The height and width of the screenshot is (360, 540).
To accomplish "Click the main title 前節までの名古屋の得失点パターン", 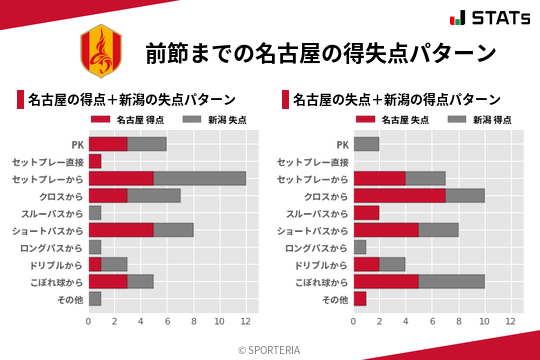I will [x=320, y=52].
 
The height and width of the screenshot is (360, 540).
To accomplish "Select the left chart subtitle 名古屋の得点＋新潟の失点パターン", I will [x=132, y=100].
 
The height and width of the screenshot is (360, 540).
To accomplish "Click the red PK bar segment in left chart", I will [x=108, y=144].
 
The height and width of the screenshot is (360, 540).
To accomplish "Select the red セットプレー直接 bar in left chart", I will [x=95, y=161].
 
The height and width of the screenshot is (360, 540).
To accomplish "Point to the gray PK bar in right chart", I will [x=366, y=144].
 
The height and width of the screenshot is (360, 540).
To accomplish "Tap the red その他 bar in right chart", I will [x=360, y=299].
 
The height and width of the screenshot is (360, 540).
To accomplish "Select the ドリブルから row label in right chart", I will [x=320, y=265].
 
